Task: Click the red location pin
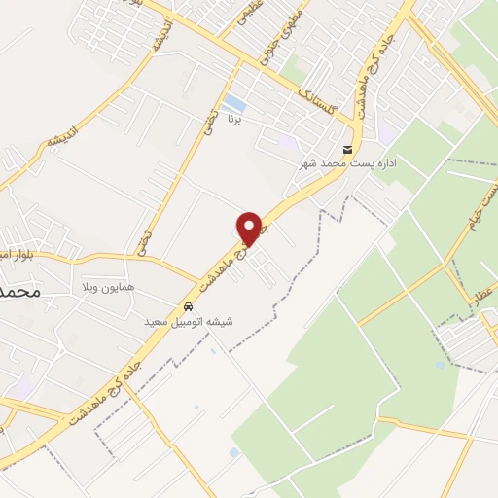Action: tap(251, 229)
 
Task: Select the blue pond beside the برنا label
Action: tap(232, 102)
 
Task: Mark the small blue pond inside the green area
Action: tap(441, 366)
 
